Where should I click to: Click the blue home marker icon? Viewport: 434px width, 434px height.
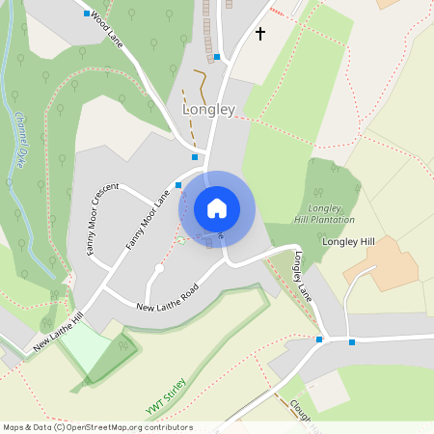click(217, 207)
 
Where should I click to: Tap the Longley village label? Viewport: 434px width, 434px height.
click(208, 110)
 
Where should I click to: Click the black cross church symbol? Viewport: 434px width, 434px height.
click(259, 34)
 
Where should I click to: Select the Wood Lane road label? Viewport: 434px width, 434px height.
click(109, 28)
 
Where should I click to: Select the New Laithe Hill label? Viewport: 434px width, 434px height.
click(59, 330)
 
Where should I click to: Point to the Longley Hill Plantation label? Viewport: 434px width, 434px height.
click(331, 214)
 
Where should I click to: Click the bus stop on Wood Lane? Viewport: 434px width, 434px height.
click(88, 14)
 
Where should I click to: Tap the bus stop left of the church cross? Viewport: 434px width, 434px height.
click(217, 57)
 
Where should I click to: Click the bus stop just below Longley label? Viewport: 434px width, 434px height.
click(195, 156)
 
